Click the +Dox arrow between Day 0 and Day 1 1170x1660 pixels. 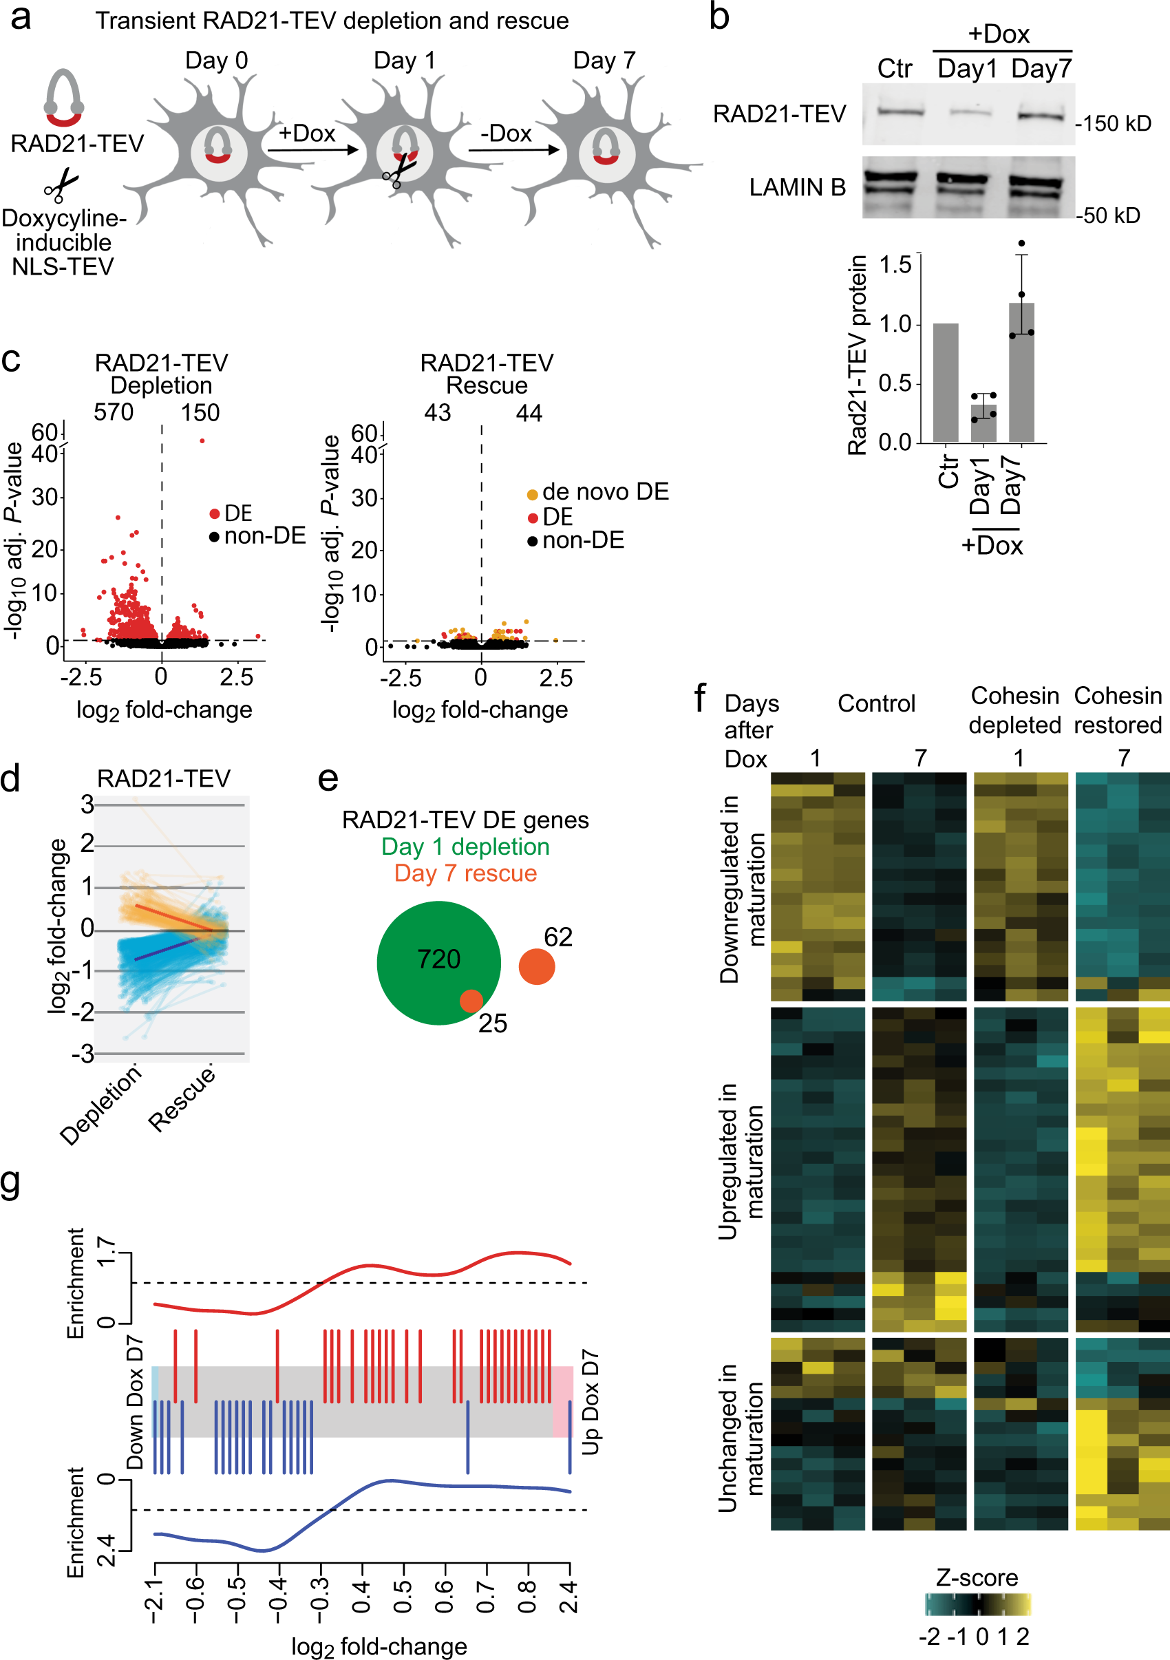click(x=312, y=149)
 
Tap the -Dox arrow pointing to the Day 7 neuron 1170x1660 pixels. click(x=513, y=149)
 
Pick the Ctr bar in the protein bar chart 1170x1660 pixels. click(x=945, y=383)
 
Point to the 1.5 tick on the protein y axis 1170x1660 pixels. click(x=895, y=264)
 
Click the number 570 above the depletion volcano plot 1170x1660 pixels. click(x=114, y=412)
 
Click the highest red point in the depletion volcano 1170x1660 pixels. click(x=202, y=440)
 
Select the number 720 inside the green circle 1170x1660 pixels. click(x=438, y=959)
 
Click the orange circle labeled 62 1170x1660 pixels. click(x=537, y=967)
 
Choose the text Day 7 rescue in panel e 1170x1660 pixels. click(x=465, y=873)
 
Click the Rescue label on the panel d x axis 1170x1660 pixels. click(x=182, y=1098)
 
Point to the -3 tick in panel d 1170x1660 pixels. click(x=83, y=1054)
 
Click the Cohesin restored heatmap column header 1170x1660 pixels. click(x=1117, y=710)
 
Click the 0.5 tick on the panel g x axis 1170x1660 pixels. click(x=403, y=1597)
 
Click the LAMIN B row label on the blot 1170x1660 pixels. click(x=797, y=187)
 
